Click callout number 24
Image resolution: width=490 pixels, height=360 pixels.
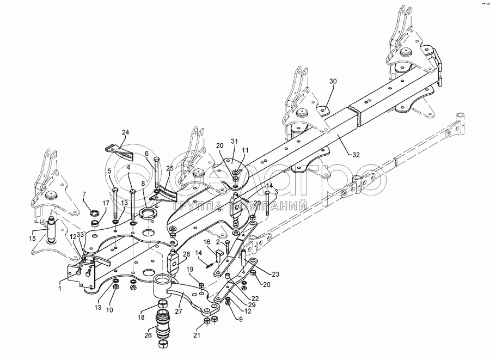point(126,132)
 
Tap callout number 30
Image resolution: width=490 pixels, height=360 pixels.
point(334,81)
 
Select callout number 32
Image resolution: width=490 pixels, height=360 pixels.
point(356,155)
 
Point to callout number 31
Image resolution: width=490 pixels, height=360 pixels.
point(235,141)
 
